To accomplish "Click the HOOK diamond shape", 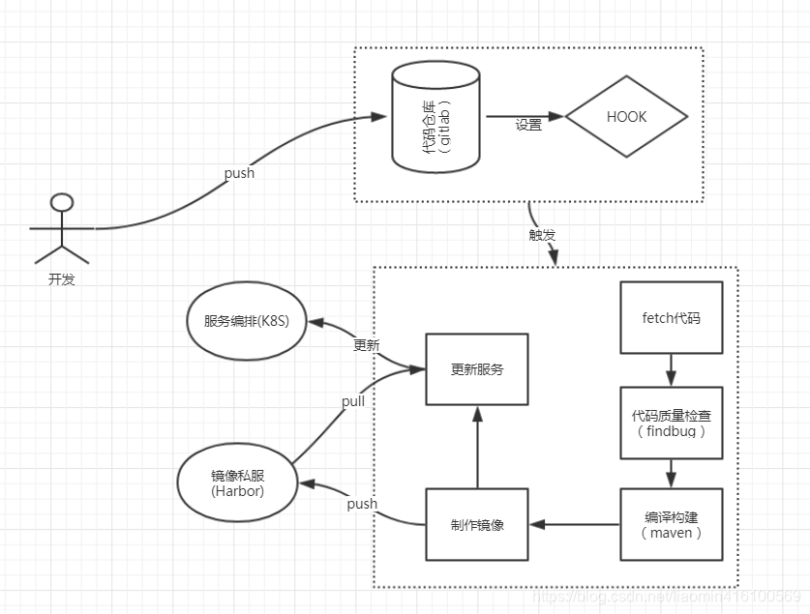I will pyautogui.click(x=626, y=117).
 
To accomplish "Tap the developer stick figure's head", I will pyautogui.click(x=62, y=202).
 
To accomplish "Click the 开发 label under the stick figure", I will pyautogui.click(x=61, y=279).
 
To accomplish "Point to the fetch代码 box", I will pyautogui.click(x=671, y=317).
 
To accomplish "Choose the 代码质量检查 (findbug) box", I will pyautogui.click(x=671, y=423).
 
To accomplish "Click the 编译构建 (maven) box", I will pyautogui.click(x=671, y=524).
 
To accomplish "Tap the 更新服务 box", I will pyautogui.click(x=477, y=369).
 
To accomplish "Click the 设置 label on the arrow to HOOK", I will pyautogui.click(x=528, y=125).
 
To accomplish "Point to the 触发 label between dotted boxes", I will pyautogui.click(x=542, y=234).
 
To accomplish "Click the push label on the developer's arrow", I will pyautogui.click(x=239, y=173).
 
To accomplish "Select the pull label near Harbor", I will pyautogui.click(x=353, y=400).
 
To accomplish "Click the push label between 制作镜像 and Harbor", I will pyautogui.click(x=361, y=504).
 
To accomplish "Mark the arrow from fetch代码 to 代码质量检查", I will pyautogui.click(x=671, y=369).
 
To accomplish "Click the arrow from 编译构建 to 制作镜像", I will pyautogui.click(x=574, y=524).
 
